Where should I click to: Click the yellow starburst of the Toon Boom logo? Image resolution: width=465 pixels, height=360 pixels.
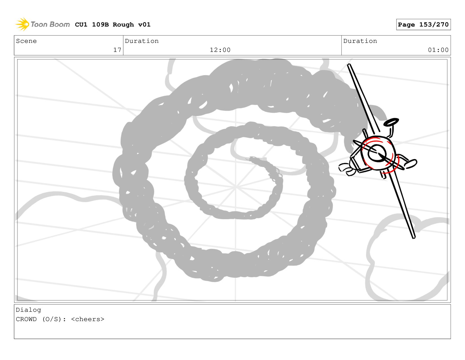tap(22, 24)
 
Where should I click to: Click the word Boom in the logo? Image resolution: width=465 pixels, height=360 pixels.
tap(60, 24)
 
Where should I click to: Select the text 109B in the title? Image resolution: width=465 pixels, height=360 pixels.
tap(100, 25)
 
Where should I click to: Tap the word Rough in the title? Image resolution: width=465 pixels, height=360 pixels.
tap(123, 25)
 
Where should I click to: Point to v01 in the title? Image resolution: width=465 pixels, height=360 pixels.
tap(144, 25)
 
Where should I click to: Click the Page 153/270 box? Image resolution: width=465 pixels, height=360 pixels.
tap(423, 25)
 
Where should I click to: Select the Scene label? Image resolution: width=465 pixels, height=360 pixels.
tap(26, 41)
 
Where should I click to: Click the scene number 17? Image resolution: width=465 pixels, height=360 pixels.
tap(117, 50)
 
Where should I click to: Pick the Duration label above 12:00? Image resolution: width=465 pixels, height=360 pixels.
tap(142, 41)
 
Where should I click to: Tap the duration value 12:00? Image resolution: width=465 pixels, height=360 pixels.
tap(220, 50)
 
